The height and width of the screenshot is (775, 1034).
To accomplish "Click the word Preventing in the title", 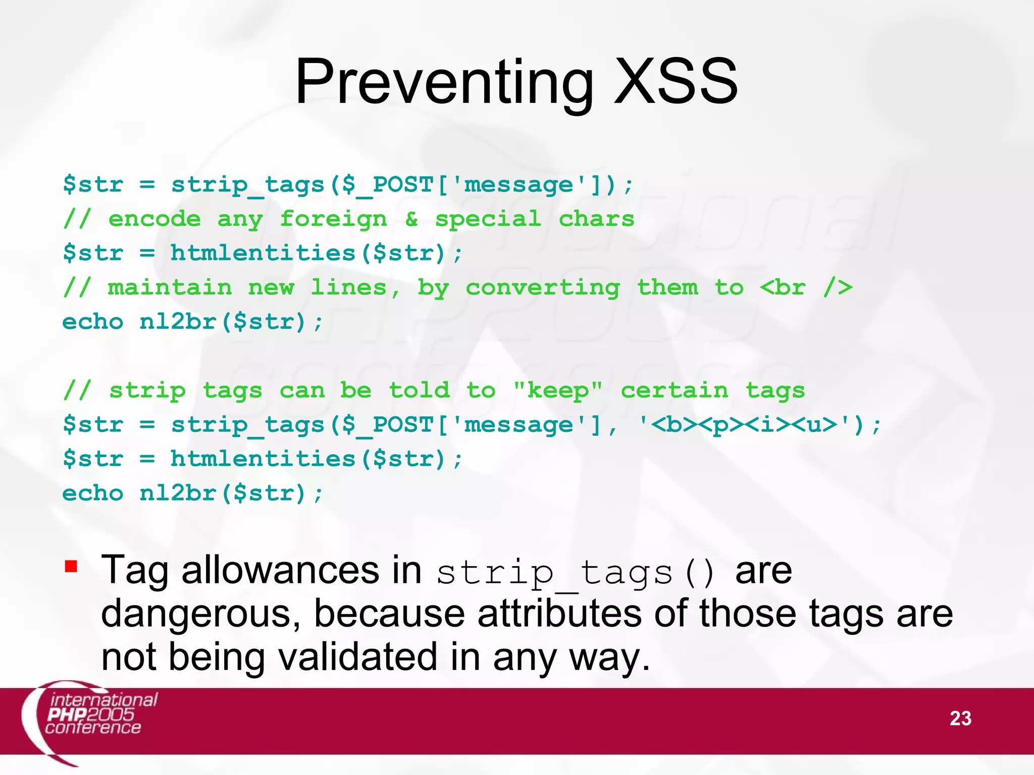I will [444, 82].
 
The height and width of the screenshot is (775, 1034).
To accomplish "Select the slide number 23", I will [960, 718].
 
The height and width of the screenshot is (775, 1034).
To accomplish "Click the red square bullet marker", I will [71, 567].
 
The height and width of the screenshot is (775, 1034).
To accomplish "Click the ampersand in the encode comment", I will [411, 219].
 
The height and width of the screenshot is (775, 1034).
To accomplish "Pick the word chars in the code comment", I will [596, 219].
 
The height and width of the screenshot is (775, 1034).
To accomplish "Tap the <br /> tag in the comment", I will [806, 288].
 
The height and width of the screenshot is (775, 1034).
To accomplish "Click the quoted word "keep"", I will [558, 390].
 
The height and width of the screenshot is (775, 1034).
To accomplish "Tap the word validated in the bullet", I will [358, 657].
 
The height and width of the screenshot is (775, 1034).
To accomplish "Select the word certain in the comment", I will [675, 390].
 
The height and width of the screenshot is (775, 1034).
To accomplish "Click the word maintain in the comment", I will [170, 288].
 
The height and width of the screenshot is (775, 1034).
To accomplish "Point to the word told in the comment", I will [419, 390].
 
